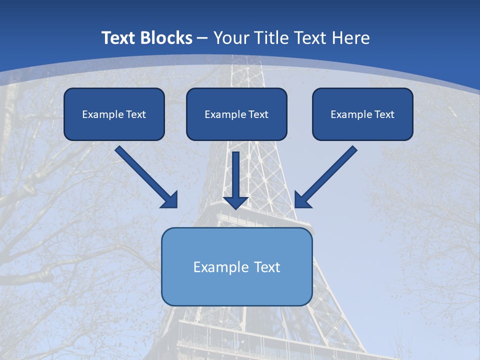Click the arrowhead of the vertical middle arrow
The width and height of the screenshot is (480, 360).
(235, 202)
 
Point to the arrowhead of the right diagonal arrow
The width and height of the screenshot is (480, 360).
(302, 200)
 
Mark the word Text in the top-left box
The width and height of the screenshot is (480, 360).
(136, 114)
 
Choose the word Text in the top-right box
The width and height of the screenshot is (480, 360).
(384, 114)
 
